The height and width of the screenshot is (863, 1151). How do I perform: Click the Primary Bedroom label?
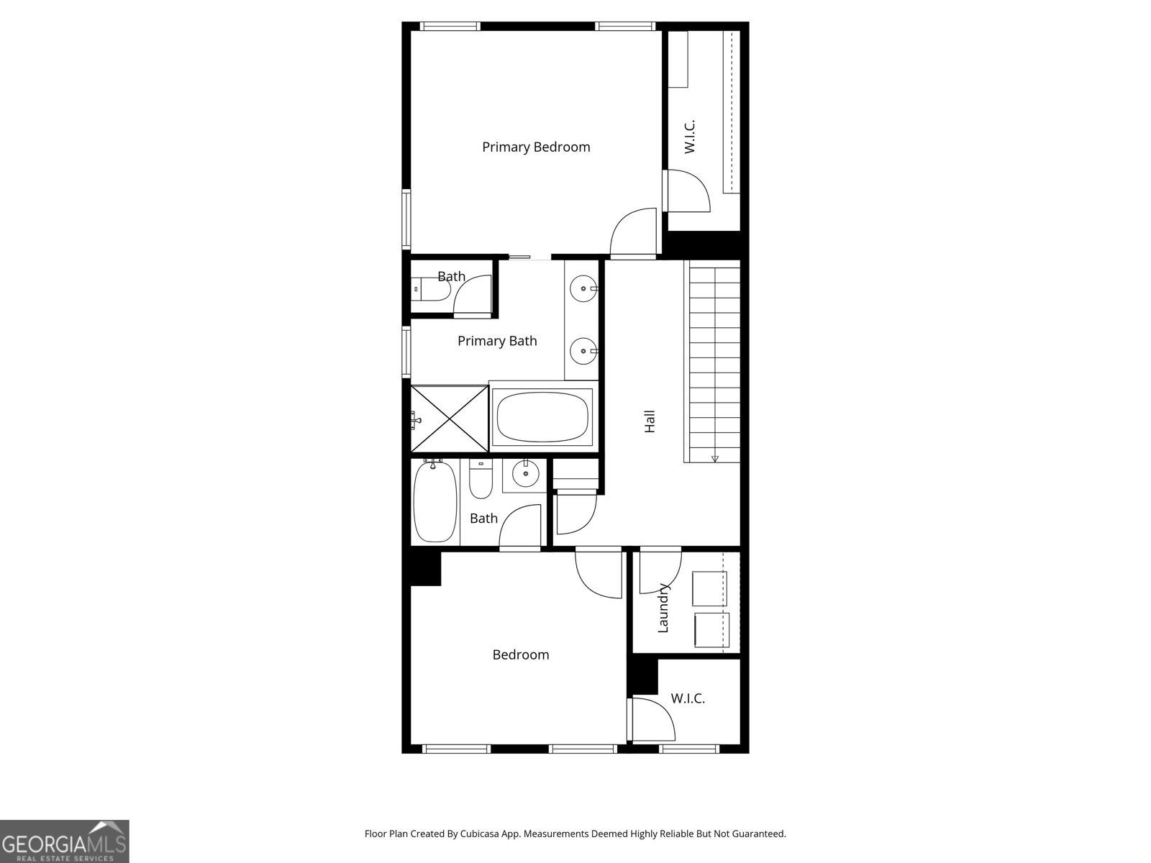(x=536, y=147)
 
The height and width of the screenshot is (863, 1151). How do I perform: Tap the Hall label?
(x=650, y=421)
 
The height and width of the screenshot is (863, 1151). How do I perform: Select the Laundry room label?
(x=663, y=608)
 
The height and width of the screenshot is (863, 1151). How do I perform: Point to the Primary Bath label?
(x=497, y=341)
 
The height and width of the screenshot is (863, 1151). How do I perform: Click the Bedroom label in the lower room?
(x=521, y=654)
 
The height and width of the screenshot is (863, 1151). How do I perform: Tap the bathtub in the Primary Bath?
(x=542, y=418)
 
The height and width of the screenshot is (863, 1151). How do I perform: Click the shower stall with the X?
(x=450, y=418)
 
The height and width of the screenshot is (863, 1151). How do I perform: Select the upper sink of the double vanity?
(x=583, y=288)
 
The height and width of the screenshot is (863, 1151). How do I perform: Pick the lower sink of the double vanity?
(x=583, y=350)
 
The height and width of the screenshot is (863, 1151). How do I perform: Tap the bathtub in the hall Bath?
(x=435, y=501)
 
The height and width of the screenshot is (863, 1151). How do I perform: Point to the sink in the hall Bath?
(x=525, y=474)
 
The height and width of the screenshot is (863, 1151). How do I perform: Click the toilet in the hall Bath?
(x=481, y=479)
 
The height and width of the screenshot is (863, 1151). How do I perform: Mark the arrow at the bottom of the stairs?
(x=714, y=459)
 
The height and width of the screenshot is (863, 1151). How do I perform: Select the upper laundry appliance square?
(x=709, y=588)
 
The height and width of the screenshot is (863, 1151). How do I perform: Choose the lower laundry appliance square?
(x=711, y=631)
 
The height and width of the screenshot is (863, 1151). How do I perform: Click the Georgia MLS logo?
(x=65, y=841)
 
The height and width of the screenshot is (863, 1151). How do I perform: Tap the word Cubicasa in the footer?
(x=479, y=834)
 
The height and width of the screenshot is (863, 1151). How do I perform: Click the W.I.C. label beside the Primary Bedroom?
(x=690, y=137)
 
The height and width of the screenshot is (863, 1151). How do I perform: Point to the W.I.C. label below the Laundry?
(x=688, y=698)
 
